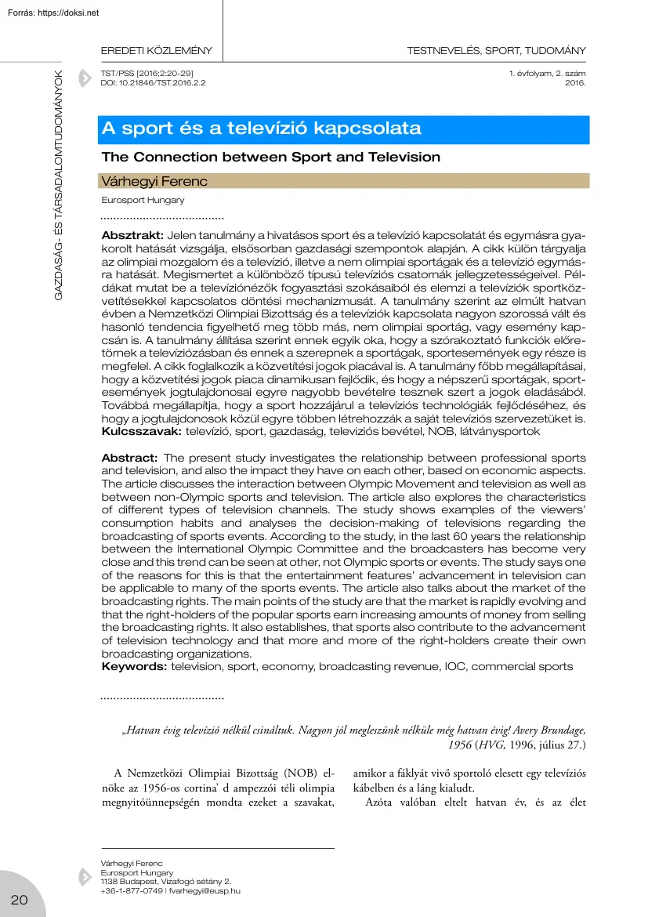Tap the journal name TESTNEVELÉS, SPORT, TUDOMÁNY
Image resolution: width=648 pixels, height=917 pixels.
[496, 51]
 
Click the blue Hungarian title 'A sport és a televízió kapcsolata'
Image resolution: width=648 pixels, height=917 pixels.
[262, 129]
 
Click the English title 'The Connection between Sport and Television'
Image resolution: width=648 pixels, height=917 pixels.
[271, 157]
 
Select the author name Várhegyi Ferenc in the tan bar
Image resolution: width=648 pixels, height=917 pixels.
[154, 182]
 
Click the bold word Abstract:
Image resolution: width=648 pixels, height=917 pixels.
[130, 458]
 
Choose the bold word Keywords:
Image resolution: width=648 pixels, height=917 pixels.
[135, 666]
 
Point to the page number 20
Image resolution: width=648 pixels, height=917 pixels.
[19, 899]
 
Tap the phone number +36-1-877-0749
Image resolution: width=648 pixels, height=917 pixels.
[132, 890]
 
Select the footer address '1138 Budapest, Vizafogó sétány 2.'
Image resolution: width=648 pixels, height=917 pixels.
[166, 882]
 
